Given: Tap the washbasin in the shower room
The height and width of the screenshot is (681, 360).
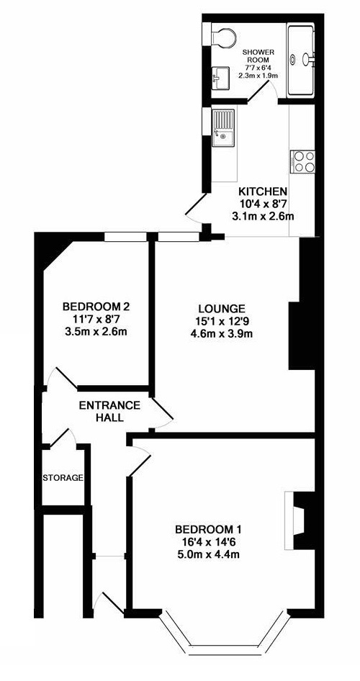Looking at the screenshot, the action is click(x=221, y=78).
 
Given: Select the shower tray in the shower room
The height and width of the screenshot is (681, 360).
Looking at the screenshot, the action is click(x=300, y=59).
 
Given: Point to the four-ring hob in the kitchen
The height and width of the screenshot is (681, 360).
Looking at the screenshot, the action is click(x=302, y=161).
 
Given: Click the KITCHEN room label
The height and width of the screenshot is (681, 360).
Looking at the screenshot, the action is click(x=262, y=191).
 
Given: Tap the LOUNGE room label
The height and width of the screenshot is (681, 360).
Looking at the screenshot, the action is click(x=222, y=309).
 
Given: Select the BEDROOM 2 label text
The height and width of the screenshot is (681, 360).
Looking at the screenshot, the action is click(x=96, y=307).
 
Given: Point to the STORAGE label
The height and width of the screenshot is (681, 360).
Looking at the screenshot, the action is click(x=63, y=478).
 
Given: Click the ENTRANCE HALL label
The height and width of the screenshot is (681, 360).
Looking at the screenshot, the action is click(x=109, y=412).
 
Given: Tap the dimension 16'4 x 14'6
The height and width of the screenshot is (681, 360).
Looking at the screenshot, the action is click(x=208, y=542).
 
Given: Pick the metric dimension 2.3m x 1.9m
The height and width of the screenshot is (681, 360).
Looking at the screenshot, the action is click(x=258, y=75).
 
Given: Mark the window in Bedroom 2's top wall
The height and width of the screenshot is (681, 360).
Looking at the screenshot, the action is click(x=125, y=237).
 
